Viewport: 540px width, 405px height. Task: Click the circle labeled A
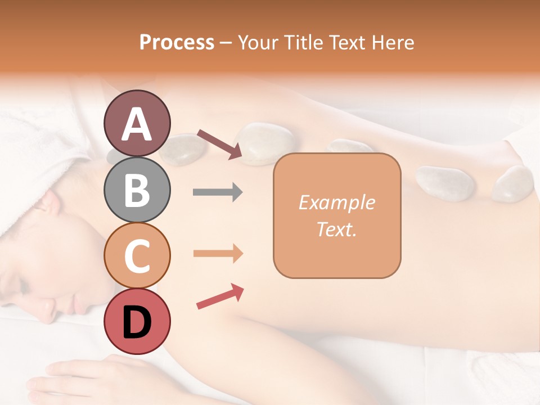coord(137,123)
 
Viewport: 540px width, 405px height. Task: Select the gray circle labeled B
coord(137,190)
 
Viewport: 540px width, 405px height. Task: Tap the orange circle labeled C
coord(137,255)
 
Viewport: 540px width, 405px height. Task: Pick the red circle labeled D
coord(137,321)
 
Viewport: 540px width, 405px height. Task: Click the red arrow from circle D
coord(220,296)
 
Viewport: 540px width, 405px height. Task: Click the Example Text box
coord(337,215)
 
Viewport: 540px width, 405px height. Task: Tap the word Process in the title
coord(177,42)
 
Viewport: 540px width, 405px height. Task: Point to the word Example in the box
coord(336,202)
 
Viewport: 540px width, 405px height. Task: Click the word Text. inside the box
coord(336,229)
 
